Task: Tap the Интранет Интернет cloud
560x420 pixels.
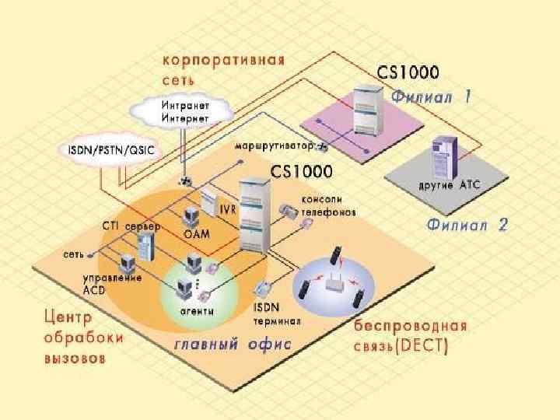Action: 185,111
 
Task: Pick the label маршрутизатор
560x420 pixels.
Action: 274,145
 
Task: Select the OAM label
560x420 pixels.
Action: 195,233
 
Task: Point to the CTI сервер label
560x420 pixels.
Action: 131,226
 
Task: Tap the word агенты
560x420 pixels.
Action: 198,310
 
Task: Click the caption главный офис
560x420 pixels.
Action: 232,342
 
